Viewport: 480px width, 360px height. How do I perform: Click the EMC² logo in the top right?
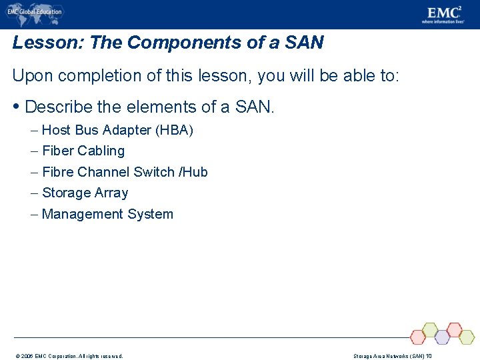(x=443, y=14)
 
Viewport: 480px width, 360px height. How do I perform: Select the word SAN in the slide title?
(x=303, y=43)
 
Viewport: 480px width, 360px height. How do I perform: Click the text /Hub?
(x=193, y=172)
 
